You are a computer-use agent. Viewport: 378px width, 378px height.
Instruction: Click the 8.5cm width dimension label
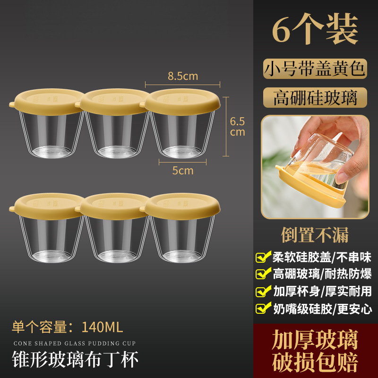[x=183, y=76]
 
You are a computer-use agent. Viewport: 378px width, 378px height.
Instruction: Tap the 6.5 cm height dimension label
[x=237, y=127]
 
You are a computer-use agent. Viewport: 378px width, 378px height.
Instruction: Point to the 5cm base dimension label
[x=183, y=171]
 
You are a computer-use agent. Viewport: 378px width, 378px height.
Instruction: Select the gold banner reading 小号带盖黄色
[x=315, y=69]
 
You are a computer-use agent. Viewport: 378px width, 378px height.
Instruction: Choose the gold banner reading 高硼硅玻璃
[x=315, y=98]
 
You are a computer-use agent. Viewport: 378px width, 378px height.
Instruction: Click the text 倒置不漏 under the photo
[x=315, y=235]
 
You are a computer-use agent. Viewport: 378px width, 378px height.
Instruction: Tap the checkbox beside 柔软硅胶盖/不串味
[x=263, y=257]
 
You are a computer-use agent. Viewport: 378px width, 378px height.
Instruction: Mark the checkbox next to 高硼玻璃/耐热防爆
[x=263, y=274]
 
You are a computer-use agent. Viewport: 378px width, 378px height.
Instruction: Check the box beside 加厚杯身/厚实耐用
[x=263, y=291]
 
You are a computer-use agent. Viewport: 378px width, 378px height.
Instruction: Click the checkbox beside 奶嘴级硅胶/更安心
[x=263, y=308]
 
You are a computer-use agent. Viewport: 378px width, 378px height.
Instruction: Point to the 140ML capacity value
[x=102, y=327]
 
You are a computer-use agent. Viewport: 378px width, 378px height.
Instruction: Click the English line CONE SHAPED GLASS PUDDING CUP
[x=75, y=344]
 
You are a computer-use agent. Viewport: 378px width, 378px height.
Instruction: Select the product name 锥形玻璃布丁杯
[x=75, y=359]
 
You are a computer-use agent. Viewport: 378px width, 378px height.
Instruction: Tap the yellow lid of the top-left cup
[x=47, y=102]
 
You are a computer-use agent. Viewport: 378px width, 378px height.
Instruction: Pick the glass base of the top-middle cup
[x=117, y=151]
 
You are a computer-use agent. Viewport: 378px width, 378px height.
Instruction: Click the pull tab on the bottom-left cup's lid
[x=12, y=209]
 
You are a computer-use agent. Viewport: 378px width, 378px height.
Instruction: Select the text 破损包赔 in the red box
[x=315, y=362]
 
